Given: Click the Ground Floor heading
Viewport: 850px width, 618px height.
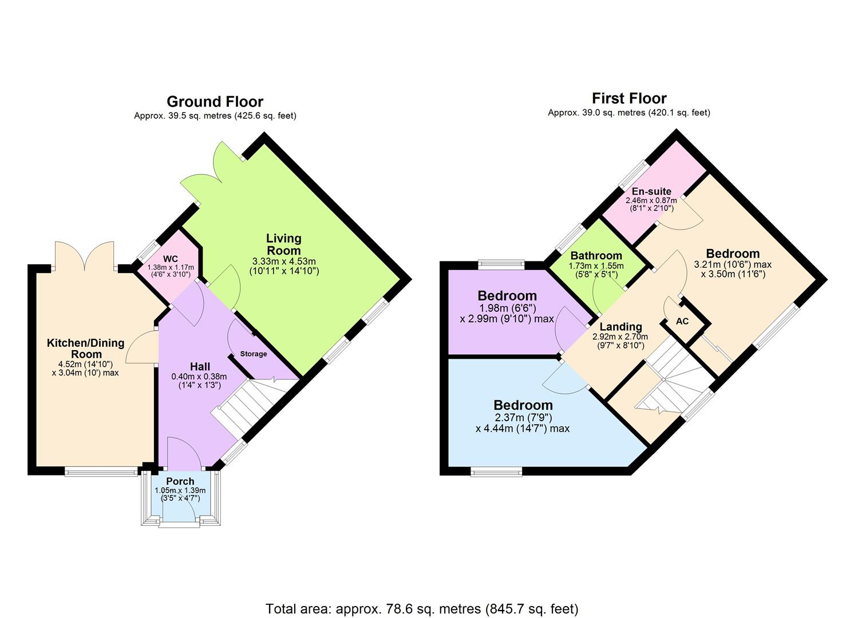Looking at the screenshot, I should click(x=215, y=102).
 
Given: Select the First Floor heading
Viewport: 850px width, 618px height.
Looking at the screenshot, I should click(x=628, y=98).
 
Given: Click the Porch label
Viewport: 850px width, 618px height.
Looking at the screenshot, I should click(x=180, y=481).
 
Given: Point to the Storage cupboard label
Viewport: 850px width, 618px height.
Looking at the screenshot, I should click(x=253, y=354).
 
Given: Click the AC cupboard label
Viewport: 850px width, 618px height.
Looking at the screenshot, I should click(x=682, y=322).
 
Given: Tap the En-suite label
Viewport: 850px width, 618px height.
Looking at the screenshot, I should click(x=651, y=191).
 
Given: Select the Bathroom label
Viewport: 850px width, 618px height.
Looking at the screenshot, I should click(x=596, y=256).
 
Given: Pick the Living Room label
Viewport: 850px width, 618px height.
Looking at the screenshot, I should click(x=284, y=244).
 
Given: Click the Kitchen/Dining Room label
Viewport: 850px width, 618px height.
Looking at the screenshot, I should click(x=85, y=348).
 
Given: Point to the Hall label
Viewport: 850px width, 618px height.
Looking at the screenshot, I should click(x=199, y=367).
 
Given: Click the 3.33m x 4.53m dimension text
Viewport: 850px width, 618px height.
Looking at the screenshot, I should click(x=284, y=262).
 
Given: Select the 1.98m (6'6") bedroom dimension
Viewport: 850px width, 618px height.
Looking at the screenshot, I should click(x=507, y=308).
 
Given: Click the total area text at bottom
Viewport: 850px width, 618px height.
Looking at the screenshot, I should click(x=422, y=608).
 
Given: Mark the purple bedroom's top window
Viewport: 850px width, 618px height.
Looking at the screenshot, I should click(x=501, y=264).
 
